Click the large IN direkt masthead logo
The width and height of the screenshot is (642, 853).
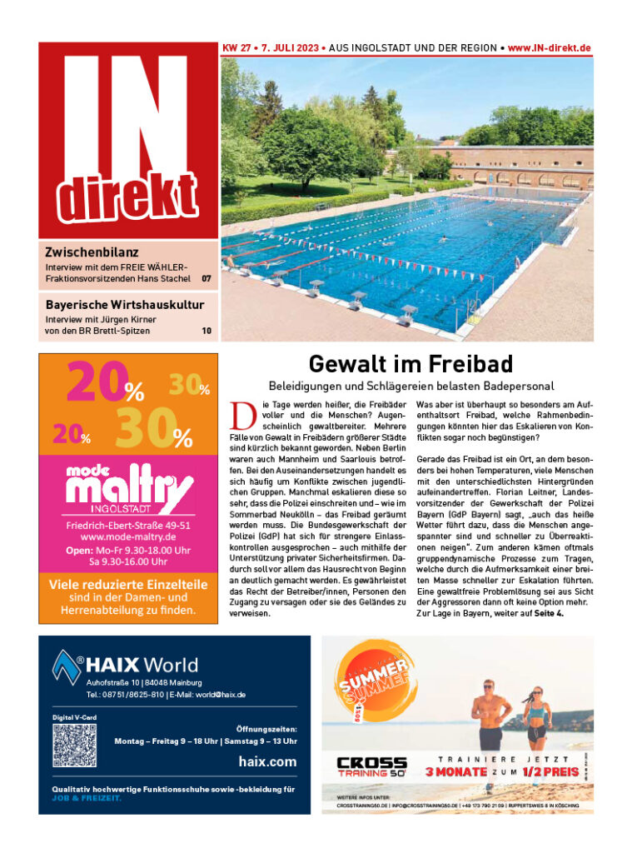[x=128, y=140]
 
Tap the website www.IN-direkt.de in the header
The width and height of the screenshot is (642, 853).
[x=550, y=48]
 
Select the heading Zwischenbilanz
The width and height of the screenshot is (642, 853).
[x=92, y=252]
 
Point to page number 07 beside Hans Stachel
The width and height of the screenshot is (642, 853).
[x=207, y=277]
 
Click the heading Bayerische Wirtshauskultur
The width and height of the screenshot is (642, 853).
[x=125, y=305]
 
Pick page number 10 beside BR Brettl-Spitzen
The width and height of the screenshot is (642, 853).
[x=207, y=331]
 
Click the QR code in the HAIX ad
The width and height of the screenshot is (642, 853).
[x=75, y=745]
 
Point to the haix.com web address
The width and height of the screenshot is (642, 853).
[x=267, y=761]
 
